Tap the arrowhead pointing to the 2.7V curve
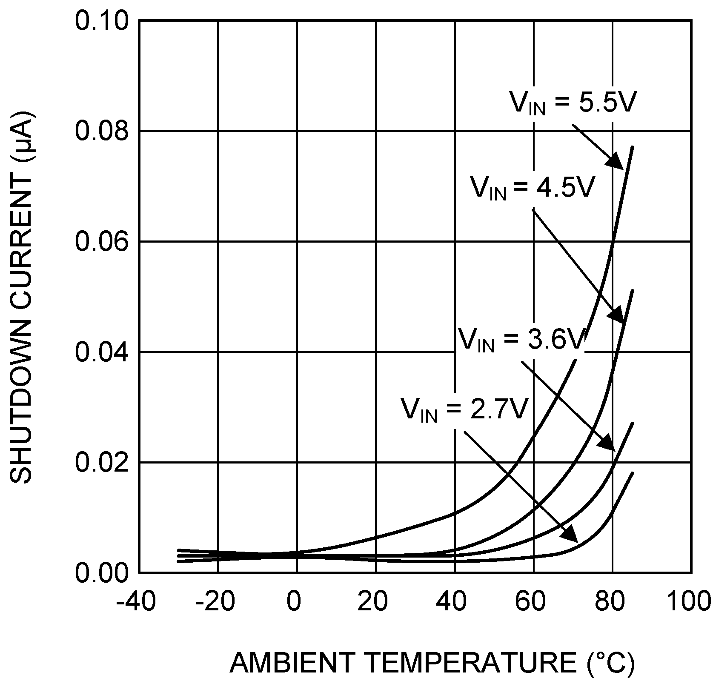[570, 535]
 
